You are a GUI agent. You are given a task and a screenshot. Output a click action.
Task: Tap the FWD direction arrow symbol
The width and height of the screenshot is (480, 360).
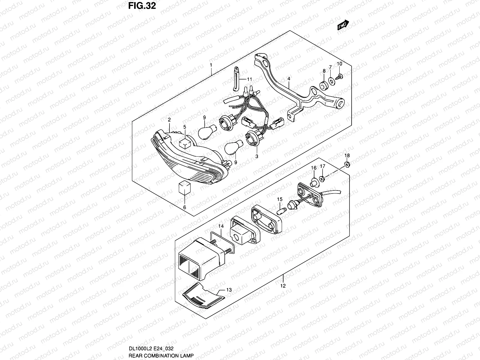(343, 25)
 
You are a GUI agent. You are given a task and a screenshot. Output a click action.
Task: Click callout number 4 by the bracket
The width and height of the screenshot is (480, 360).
(289, 79)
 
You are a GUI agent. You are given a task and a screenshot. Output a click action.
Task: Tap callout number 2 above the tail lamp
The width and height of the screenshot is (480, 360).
(169, 120)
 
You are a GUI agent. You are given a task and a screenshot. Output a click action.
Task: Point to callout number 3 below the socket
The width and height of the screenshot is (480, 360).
(257, 156)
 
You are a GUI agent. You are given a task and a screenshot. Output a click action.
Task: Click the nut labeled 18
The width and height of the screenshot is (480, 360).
(347, 164)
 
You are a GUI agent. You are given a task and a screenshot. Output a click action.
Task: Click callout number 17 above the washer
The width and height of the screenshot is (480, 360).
(322, 166)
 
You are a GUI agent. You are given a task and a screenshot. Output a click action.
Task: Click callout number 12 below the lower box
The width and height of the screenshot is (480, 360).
(283, 286)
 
